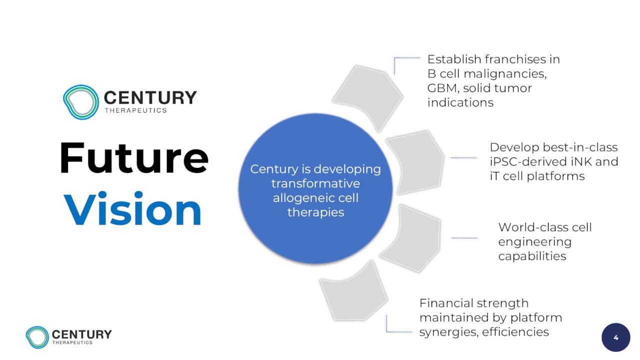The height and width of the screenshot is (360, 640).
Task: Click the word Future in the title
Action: [134, 157]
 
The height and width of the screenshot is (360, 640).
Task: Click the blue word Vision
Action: [132, 209]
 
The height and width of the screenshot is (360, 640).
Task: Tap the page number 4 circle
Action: [615, 337]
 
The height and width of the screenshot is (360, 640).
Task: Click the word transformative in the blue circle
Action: [315, 183]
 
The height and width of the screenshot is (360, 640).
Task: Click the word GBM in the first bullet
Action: [443, 88]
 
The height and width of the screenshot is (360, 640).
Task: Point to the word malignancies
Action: [505, 74]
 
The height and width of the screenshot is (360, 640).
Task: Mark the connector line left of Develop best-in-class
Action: [463, 157]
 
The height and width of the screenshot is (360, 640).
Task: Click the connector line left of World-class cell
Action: [464, 237]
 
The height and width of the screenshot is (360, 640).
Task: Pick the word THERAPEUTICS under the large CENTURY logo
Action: [135, 110]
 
